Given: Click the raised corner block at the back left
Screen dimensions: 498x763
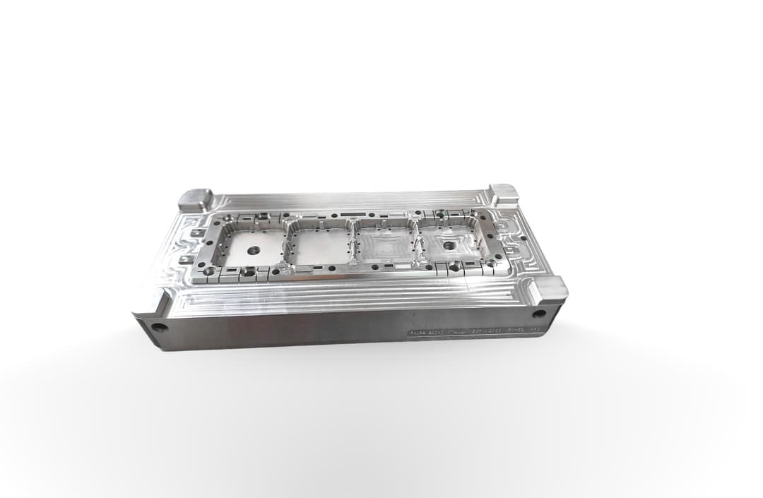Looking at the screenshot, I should pos(195,198).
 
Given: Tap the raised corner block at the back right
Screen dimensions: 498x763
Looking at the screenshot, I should pos(504,194).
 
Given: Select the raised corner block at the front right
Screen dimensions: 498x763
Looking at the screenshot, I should pos(548,290).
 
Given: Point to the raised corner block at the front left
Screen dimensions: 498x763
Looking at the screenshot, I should pos(150,302).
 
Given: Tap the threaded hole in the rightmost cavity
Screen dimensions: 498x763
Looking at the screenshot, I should pos(448,245).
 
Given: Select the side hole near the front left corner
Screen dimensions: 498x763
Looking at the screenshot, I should pos(160,327).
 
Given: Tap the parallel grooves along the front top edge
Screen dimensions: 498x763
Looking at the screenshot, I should pos(339,297).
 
